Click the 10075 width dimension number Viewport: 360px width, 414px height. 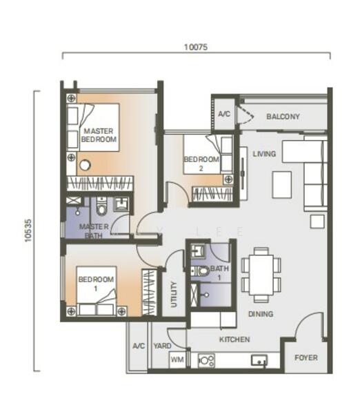(196, 47)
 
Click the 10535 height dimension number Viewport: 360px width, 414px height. (28, 230)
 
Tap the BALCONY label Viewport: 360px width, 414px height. (283, 117)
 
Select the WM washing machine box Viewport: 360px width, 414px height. (177, 359)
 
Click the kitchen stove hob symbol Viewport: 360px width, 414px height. (206, 360)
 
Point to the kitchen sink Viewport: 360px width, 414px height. (259, 360)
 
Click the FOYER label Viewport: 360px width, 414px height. (306, 357)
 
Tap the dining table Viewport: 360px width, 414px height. (261, 275)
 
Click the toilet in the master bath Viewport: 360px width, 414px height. (101, 206)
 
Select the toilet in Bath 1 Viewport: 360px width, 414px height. (200, 271)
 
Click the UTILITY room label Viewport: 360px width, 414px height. (174, 295)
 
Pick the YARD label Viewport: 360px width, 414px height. (162, 346)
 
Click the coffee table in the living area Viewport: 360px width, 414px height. (282, 184)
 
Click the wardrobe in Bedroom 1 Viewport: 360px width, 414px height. (149, 293)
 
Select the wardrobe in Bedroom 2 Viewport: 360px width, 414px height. (212, 195)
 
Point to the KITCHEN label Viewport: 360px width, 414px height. (234, 339)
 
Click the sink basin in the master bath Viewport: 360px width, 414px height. (121, 204)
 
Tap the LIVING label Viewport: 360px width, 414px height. (264, 154)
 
